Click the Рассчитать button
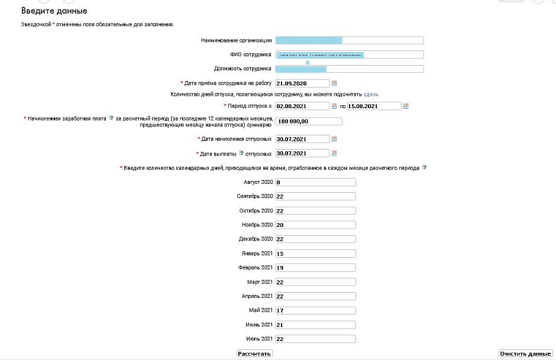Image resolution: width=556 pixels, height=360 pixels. (254, 353)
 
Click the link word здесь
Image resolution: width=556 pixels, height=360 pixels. (371, 94)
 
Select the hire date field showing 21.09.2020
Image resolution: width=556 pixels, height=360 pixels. (302, 83)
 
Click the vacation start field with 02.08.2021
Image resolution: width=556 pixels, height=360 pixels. (302, 106)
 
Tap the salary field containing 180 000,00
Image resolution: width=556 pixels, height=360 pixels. (309, 122)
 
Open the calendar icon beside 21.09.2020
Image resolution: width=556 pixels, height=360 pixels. (334, 83)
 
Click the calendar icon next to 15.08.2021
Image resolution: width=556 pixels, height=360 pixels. (406, 106)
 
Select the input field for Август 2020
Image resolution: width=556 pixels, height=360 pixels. (315, 182)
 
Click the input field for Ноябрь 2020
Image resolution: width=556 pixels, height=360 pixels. (315, 225)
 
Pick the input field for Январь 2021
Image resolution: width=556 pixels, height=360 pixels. (315, 254)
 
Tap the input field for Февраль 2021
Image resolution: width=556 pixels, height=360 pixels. (315, 268)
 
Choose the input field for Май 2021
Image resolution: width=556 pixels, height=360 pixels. (315, 310)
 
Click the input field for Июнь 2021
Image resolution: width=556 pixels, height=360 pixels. (315, 325)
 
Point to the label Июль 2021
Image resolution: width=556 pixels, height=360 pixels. (259, 339)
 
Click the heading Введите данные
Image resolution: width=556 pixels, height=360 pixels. (54, 11)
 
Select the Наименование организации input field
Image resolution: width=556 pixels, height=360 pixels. (350, 40)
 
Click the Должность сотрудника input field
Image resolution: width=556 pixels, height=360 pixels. (350, 69)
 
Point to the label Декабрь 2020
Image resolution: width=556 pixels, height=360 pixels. (255, 239)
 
